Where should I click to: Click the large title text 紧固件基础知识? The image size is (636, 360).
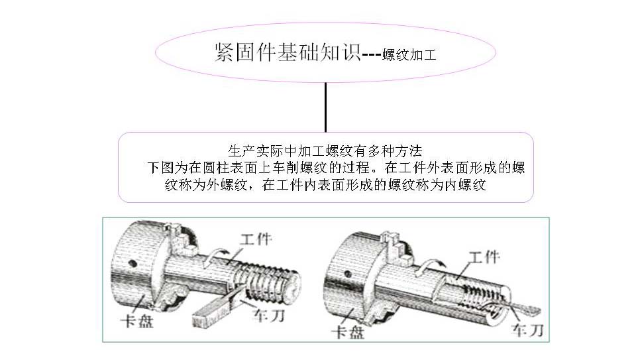click(287, 52)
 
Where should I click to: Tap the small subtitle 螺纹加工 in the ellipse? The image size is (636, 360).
click(409, 54)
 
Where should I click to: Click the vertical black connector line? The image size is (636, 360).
click(325, 107)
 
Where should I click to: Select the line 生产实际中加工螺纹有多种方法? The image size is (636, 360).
click(325, 151)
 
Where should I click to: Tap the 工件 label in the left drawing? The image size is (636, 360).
click(256, 239)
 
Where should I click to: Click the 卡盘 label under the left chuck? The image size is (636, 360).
click(137, 322)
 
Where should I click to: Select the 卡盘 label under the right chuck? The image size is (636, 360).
click(348, 332)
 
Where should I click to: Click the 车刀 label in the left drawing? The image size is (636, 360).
click(268, 316)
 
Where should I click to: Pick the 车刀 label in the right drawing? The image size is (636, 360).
click(527, 330)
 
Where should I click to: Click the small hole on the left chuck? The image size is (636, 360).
click(132, 263)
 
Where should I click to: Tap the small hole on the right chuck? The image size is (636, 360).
click(348, 274)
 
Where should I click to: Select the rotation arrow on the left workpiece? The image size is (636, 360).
click(215, 257)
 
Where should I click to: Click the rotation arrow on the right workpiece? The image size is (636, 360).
click(431, 269)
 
